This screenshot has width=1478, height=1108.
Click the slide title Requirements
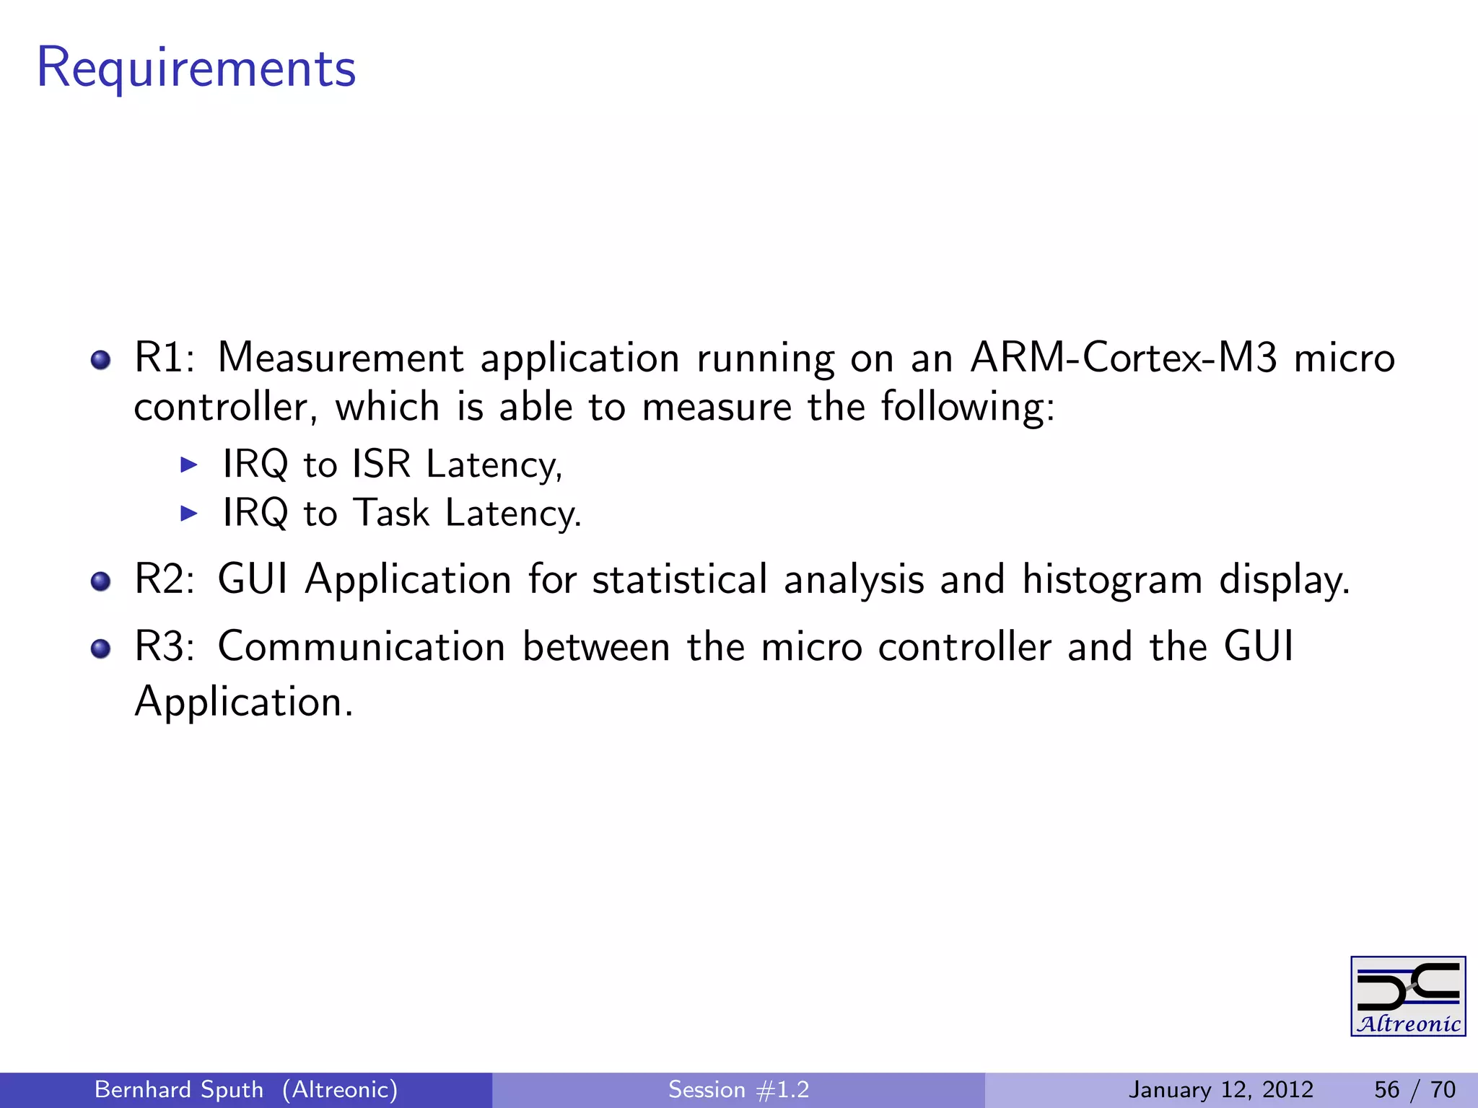(196, 69)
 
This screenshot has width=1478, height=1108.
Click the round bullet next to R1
(101, 360)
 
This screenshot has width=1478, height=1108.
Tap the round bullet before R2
(101, 581)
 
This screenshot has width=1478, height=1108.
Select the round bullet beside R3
(101, 648)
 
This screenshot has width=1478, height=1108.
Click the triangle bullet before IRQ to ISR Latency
(188, 465)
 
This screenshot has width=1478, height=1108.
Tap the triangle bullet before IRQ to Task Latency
(188, 514)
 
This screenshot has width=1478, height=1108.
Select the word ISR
(381, 464)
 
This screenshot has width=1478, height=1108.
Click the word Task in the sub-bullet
(392, 513)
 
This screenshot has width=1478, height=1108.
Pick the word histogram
(1112, 580)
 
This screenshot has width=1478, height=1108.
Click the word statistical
(680, 579)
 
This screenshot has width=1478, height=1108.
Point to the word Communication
(361, 646)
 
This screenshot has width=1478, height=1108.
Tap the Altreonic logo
(1407, 996)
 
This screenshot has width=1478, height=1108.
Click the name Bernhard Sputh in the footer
(179, 1089)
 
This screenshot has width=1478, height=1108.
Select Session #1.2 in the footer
(738, 1089)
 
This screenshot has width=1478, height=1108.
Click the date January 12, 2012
(1220, 1089)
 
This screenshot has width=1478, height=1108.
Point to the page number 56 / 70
(1414, 1089)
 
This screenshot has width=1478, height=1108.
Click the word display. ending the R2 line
(1284, 580)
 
